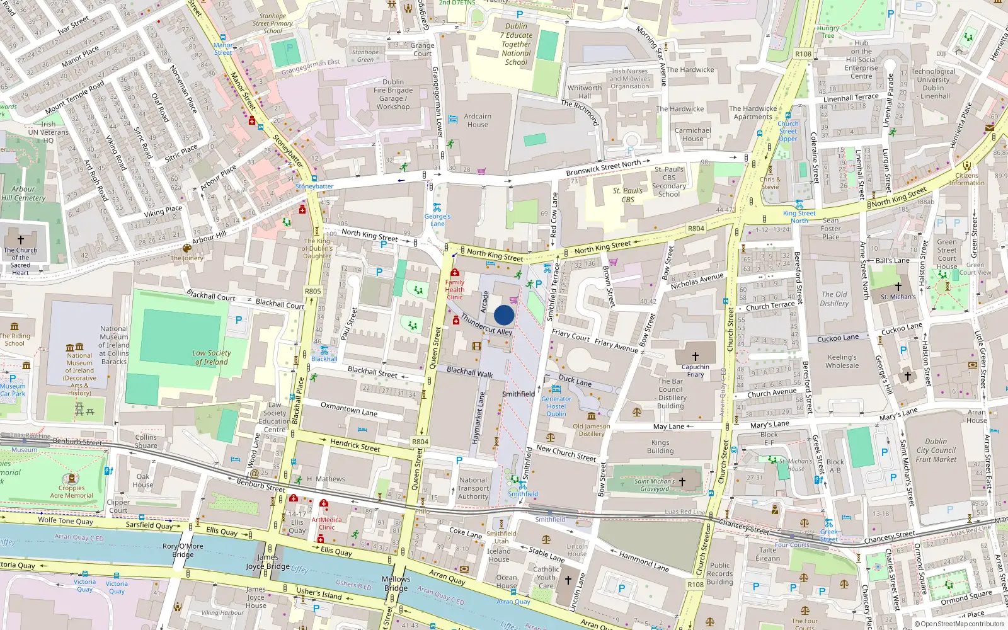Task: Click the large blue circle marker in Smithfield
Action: tap(504, 315)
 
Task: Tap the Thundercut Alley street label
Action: tap(486, 324)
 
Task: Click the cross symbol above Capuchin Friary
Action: tap(695, 356)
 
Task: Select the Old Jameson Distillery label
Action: tap(592, 430)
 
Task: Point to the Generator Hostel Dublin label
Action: tap(556, 406)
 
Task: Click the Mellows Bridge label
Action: tap(396, 583)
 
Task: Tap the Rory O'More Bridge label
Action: tap(183, 550)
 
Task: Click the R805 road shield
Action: tap(312, 291)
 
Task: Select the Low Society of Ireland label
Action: tap(212, 357)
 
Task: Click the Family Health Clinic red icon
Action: tap(454, 273)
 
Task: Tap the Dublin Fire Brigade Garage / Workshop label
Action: tap(393, 94)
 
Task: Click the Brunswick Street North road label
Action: tap(603, 168)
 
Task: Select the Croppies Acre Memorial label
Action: tap(71, 491)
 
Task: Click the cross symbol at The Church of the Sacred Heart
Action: tap(21, 240)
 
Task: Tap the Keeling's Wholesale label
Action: tap(842, 361)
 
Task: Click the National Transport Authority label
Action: tap(473, 488)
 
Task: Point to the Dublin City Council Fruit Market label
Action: tap(936, 450)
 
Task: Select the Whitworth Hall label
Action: tap(585, 92)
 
